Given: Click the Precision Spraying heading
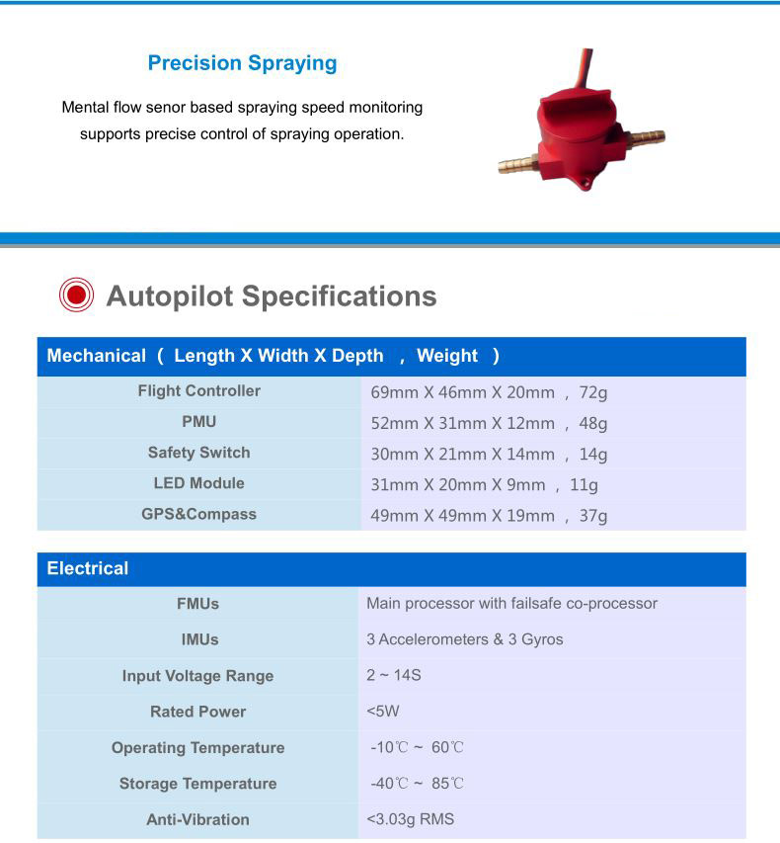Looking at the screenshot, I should (242, 63).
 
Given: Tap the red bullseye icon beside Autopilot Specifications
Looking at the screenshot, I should (76, 295).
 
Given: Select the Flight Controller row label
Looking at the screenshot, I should (198, 390).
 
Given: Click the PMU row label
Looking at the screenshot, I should (198, 421).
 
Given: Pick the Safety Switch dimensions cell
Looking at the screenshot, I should (489, 455).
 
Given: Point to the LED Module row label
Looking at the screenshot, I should (198, 483).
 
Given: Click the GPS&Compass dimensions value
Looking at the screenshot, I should (489, 516).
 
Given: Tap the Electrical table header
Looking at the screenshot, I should (88, 568).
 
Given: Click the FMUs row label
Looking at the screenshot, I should (198, 603).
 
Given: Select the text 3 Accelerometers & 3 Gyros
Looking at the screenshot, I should (464, 639).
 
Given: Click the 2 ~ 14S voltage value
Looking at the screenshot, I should (393, 675).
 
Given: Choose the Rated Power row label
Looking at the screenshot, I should (198, 712).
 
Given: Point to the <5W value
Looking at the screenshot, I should (383, 712).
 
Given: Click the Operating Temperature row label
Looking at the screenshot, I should (198, 747).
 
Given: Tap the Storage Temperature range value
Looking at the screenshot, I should (417, 784).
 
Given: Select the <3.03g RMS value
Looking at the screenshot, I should (410, 819).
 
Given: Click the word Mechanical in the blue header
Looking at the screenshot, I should (96, 356).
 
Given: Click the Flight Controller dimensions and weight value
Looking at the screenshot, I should (489, 392).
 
